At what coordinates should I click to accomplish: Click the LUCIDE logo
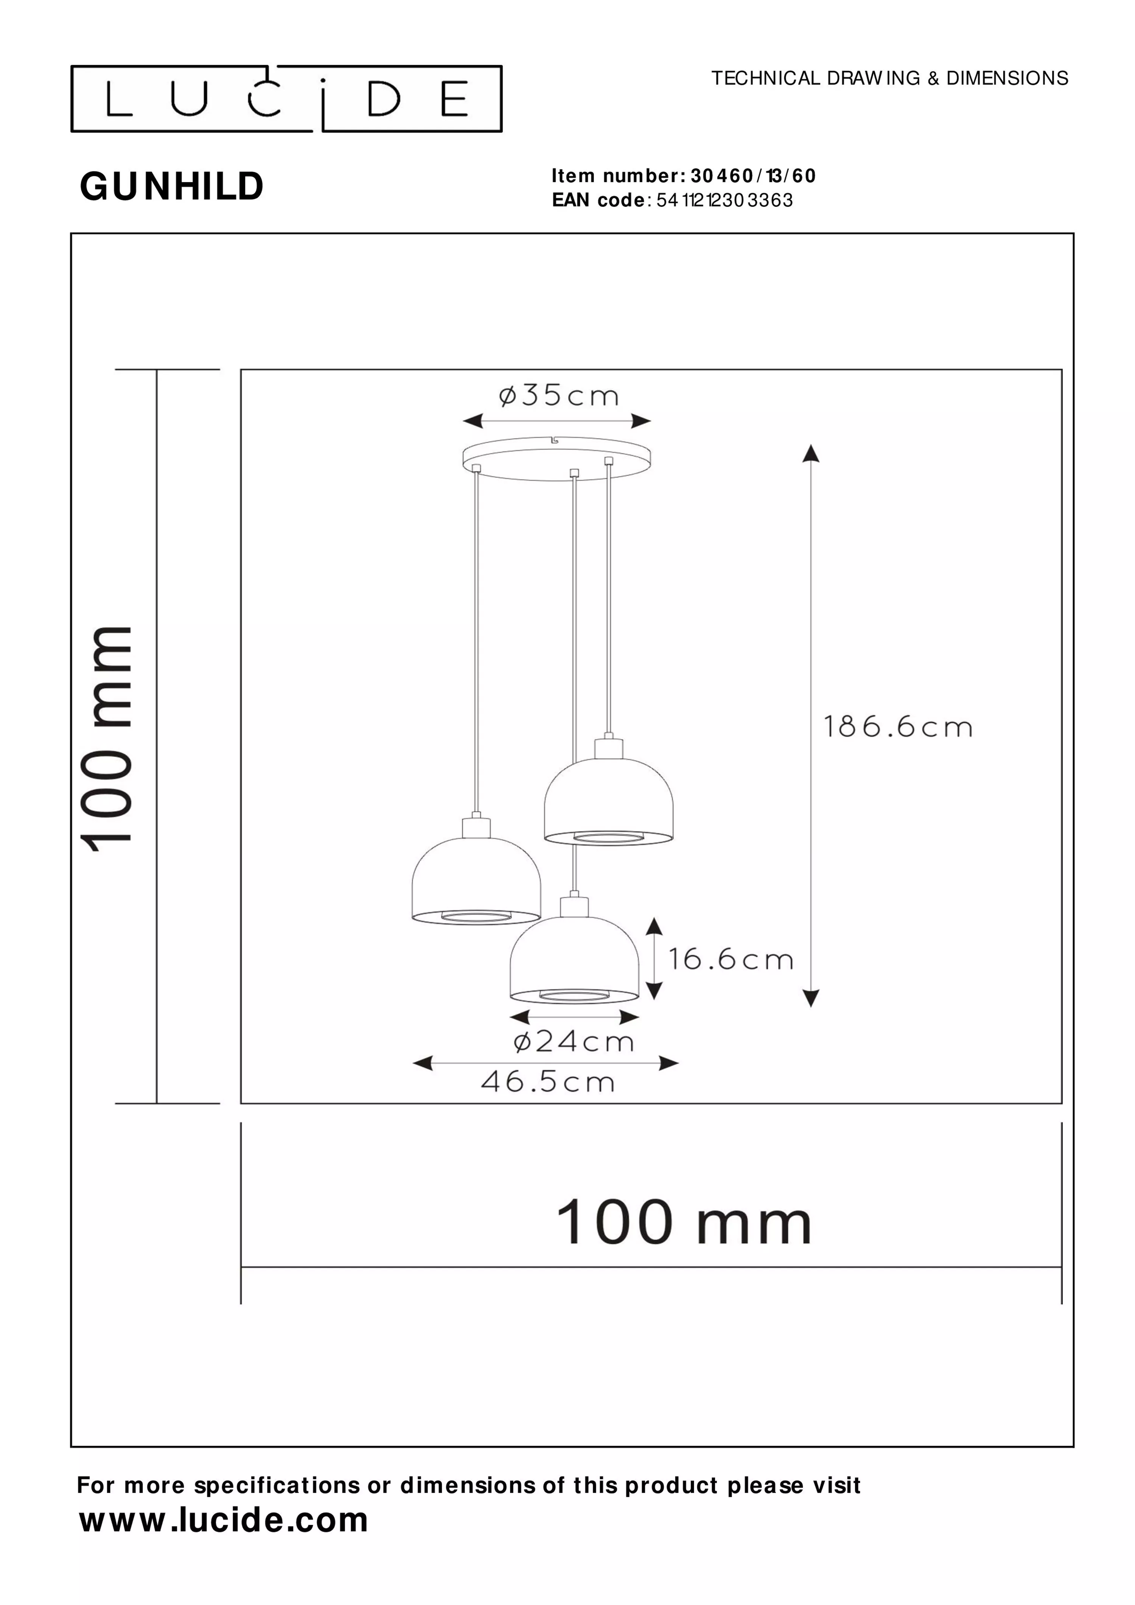tap(286, 99)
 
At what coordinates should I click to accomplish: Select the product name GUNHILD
tap(172, 187)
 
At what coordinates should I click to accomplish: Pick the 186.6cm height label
tap(898, 727)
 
